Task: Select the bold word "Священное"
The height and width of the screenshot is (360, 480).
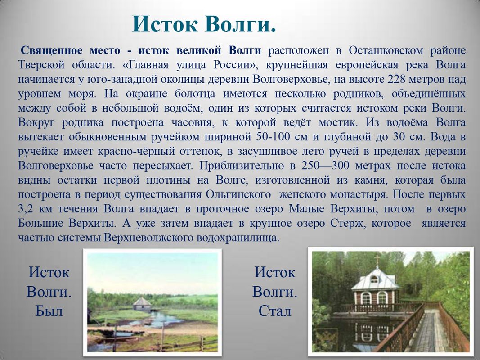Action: [x=51, y=50]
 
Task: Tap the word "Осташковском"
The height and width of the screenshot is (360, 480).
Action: [x=386, y=50]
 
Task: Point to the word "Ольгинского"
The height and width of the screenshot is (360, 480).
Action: [x=238, y=194]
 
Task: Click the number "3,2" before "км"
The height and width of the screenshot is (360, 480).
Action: [x=25, y=209]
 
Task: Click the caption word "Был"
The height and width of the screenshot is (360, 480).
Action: [x=49, y=311]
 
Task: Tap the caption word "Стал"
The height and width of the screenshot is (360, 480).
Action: [x=275, y=311]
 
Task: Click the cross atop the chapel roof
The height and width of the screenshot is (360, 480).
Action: [x=377, y=260]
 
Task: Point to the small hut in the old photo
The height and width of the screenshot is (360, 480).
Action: [x=142, y=304]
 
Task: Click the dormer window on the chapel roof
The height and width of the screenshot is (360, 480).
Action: [x=374, y=279]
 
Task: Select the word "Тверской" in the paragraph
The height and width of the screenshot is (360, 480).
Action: [x=41, y=65]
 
